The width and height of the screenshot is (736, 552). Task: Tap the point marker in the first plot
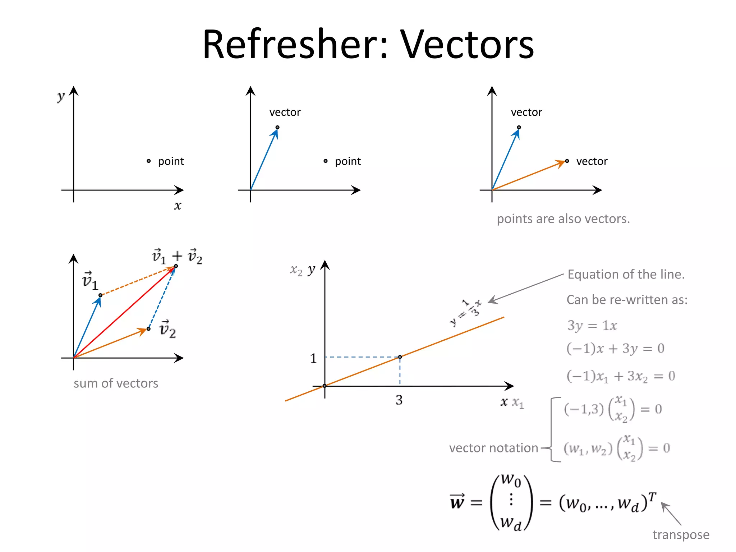point(148,161)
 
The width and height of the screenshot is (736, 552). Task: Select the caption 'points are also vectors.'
point(563,218)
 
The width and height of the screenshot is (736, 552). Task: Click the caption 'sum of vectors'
point(116,383)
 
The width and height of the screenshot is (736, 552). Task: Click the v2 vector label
point(167,329)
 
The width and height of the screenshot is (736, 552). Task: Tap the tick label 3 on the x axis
point(399,400)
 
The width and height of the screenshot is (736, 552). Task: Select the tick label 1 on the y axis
point(313,358)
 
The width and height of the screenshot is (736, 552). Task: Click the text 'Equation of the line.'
point(626,274)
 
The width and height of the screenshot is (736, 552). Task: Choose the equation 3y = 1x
point(592,325)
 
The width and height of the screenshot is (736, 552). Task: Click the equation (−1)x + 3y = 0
point(615,348)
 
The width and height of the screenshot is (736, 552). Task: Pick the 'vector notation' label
point(493,448)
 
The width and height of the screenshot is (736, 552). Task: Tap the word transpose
point(681,534)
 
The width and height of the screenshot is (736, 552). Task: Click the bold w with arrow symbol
point(457,502)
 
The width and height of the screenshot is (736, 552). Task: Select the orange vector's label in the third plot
point(592,161)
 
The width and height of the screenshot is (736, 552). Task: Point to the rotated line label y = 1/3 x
point(466,312)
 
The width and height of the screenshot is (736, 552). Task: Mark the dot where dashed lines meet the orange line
point(400,357)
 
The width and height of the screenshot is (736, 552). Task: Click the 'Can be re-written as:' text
point(627,299)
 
